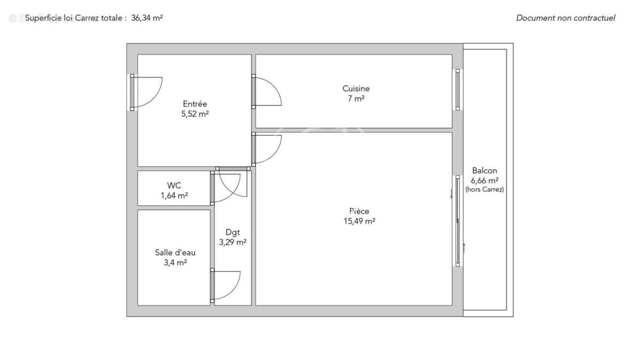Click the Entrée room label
click(x=195, y=104)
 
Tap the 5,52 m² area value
click(x=195, y=114)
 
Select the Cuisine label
click(x=356, y=89)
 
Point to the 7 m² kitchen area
click(x=356, y=98)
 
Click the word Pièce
click(x=359, y=211)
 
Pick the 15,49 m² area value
click(x=359, y=221)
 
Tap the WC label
click(x=174, y=186)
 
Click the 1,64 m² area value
click(x=174, y=195)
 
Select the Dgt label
click(x=233, y=232)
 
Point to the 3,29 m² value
click(x=233, y=242)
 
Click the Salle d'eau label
click(x=175, y=252)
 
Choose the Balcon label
click(x=484, y=171)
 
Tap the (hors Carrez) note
click(x=484, y=189)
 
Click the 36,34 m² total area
click(x=147, y=18)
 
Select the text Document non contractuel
click(x=565, y=18)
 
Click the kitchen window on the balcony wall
click(x=457, y=89)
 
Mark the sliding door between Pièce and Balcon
click(x=457, y=220)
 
